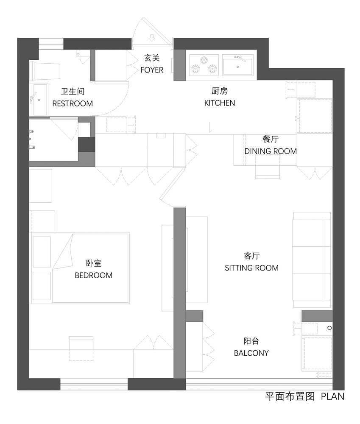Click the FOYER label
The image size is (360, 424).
[x=152, y=70]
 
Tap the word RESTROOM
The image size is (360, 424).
[x=72, y=103]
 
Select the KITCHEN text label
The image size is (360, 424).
[x=220, y=103]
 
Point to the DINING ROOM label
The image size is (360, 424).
[x=271, y=151]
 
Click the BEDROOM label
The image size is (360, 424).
[x=94, y=275]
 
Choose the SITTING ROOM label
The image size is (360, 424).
[x=251, y=268]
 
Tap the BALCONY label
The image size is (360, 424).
[x=251, y=353]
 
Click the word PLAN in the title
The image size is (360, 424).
[x=332, y=396]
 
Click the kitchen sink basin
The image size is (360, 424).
[x=237, y=66]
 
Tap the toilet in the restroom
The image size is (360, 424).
[x=46, y=71]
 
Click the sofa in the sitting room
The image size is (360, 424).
[x=312, y=259]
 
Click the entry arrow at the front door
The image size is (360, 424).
[x=152, y=39]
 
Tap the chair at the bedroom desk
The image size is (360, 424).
[x=81, y=348]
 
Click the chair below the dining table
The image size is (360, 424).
[x=267, y=170]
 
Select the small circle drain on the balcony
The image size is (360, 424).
[x=329, y=328]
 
